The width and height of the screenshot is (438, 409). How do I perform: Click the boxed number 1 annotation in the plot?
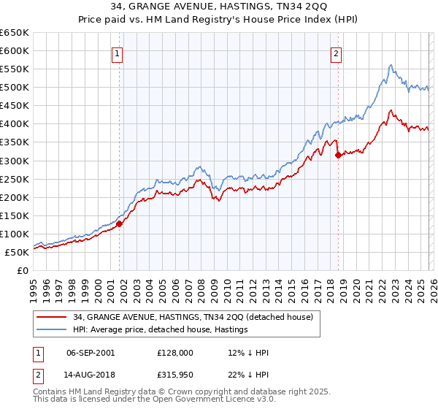(118, 53)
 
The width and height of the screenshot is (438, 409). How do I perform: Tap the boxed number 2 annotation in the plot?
(337, 53)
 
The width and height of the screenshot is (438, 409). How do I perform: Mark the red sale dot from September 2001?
(119, 223)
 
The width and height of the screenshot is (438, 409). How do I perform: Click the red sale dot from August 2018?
(338, 155)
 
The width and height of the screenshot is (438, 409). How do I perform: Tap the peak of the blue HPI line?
(391, 65)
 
